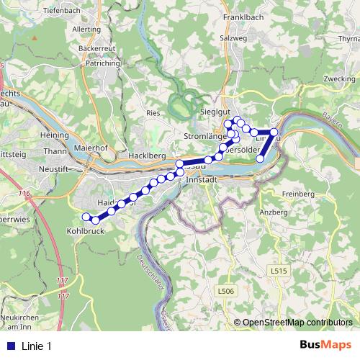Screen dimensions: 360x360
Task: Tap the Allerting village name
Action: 88,30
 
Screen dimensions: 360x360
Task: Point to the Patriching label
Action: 102,63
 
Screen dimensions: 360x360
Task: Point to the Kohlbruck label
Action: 86,232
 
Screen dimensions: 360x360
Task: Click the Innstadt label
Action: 201,181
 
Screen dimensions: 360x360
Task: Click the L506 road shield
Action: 226,290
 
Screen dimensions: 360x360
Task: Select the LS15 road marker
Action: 279,271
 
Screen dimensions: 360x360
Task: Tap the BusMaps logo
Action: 325,345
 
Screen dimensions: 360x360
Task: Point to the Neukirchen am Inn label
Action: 22,321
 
